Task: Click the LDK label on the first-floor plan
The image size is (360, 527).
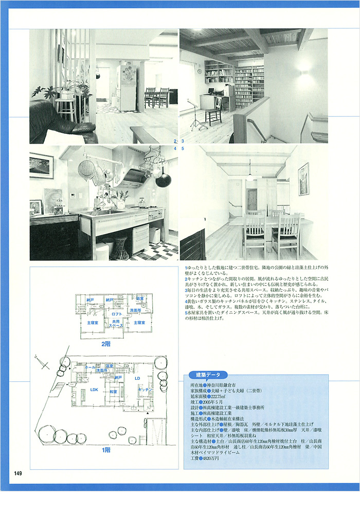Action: click(x=94, y=390)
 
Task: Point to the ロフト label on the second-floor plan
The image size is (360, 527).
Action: click(x=117, y=313)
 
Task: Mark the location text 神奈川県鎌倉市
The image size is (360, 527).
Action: click(x=222, y=384)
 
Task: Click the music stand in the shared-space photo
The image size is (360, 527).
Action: click(x=195, y=116)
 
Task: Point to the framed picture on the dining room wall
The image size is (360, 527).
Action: click(x=303, y=179)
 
